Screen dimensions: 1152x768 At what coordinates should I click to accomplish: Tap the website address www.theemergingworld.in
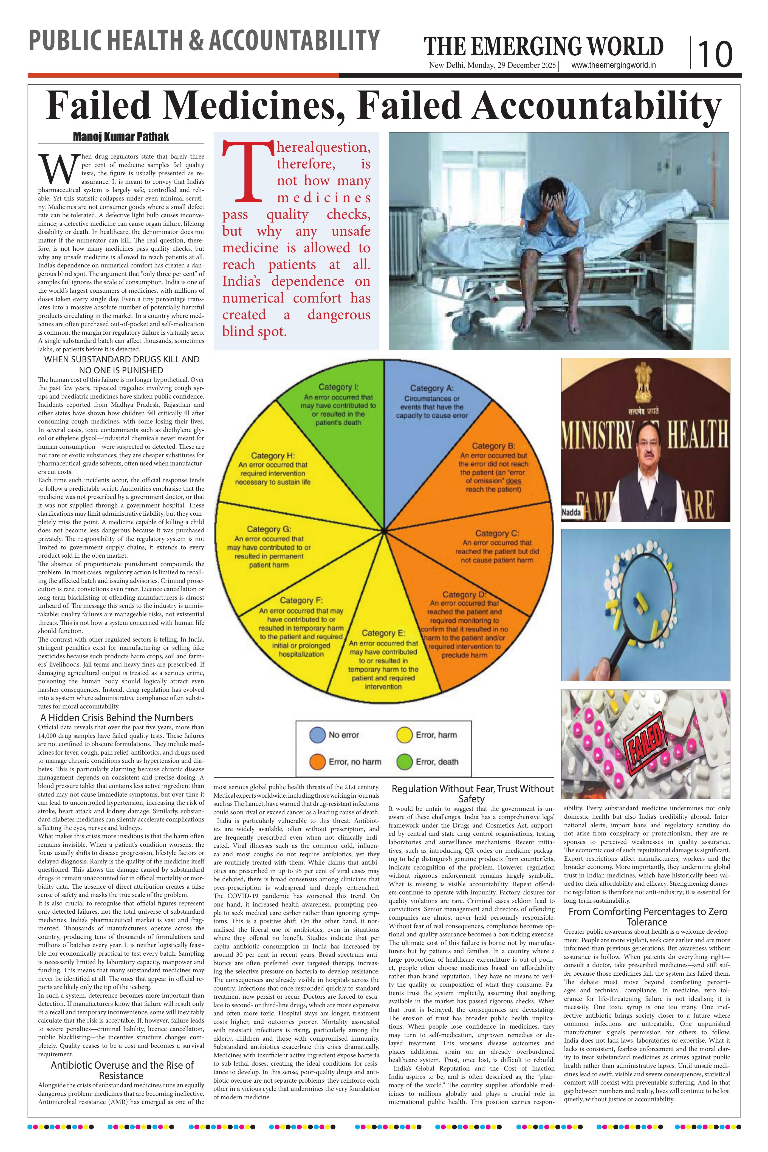pos(614,65)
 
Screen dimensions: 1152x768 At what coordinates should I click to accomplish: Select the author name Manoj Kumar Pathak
pos(121,137)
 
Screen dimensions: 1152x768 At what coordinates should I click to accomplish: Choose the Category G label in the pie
pos(269,529)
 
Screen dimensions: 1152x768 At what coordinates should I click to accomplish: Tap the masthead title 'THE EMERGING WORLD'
pos(544,47)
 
